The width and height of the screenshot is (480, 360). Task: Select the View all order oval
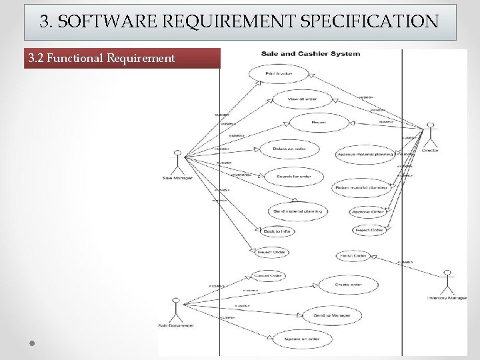pos(302,98)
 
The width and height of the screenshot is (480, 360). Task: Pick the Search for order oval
pos(293,176)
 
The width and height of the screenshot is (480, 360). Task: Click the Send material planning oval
pos(297,211)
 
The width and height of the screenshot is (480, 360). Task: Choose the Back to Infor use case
pos(277,231)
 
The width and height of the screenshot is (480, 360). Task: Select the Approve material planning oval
pos(365,154)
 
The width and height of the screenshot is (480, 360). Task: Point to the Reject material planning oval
pos(361,188)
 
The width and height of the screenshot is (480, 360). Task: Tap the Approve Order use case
pos(367,212)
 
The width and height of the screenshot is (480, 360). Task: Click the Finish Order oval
pos(353,255)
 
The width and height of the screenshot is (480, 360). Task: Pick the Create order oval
pos(349,285)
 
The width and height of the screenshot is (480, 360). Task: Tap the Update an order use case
pos(301,339)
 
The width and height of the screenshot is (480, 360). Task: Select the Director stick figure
pos(430,134)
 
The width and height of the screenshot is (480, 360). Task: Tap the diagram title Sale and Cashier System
pos(311,54)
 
